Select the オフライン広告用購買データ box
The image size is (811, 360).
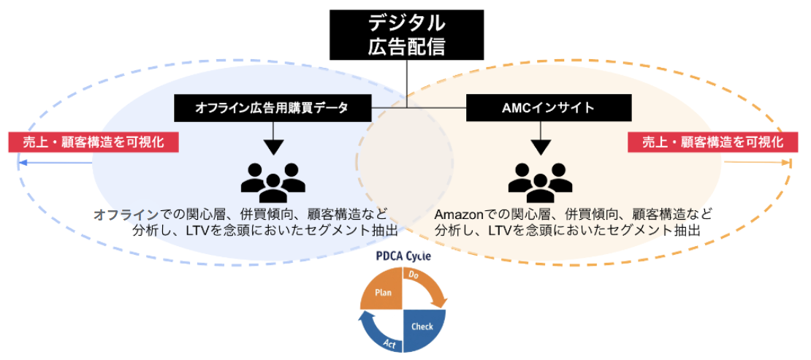[272, 108]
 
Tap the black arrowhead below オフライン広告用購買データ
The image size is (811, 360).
[273, 146]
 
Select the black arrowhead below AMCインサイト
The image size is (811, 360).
[540, 146]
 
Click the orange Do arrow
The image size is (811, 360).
[431, 285]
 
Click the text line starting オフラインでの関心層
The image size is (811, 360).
[241, 215]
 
